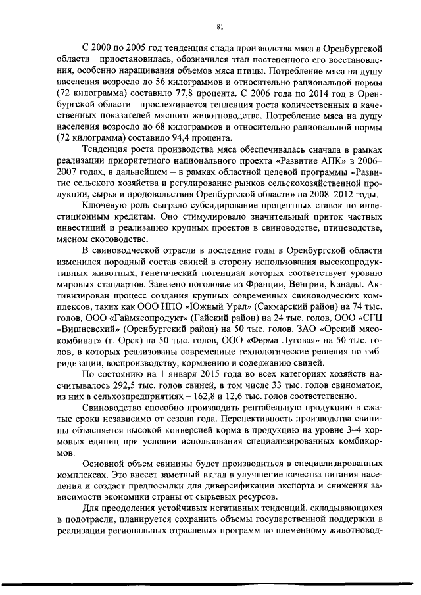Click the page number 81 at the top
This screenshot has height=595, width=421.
[x=220, y=26]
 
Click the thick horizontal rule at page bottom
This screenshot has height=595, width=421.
[x=210, y=582]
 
